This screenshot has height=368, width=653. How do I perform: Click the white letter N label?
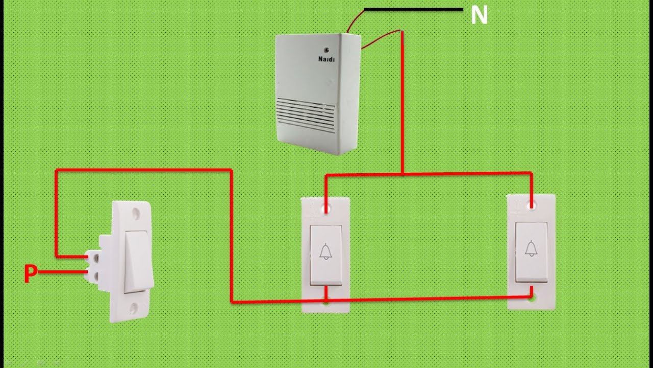pos(479,15)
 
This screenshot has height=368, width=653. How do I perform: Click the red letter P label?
pos(30,273)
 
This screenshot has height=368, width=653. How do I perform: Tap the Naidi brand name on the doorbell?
pos(326,59)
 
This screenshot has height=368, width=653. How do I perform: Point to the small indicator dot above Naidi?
pos(327,50)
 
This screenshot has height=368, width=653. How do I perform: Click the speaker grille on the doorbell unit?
pos(306,115)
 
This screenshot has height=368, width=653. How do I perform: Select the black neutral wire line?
pos(414,10)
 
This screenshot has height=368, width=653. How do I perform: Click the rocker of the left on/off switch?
pos(136,261)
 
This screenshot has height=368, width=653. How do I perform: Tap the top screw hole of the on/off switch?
pos(135,213)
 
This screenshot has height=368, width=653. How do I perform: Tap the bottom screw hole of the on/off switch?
pos(134,308)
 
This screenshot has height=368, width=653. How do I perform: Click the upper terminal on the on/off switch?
pos(95,257)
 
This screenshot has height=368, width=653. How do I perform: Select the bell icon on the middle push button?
pos(325,251)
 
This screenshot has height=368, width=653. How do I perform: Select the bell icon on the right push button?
pos(532,248)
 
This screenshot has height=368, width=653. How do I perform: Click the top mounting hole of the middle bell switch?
pos(326,209)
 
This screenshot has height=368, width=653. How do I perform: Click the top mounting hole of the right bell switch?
pos(532,206)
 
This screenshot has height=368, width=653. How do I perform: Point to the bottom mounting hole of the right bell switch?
pos(532,298)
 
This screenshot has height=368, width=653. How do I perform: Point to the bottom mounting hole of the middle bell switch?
pos(326,301)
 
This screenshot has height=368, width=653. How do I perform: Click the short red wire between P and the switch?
pos(63,272)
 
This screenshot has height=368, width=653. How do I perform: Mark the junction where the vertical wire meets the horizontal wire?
pos(403,174)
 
